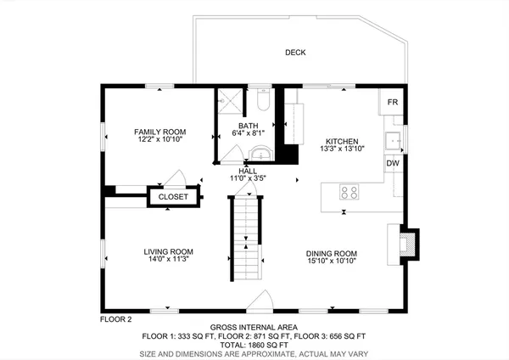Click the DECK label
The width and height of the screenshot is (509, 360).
[x=295, y=53]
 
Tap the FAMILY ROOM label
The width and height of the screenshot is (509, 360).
[x=159, y=132]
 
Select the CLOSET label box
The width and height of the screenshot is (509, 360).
[x=173, y=196]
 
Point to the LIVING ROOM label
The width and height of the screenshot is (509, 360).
[x=168, y=252]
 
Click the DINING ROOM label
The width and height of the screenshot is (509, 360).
[x=332, y=254]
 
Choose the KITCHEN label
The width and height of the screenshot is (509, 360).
[x=342, y=141]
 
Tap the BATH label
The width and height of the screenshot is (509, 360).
[x=248, y=127]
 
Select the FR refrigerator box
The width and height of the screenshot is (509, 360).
[x=392, y=103]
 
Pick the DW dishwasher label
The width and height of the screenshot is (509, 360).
[x=393, y=163]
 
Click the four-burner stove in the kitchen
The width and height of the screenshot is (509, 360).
[x=349, y=191]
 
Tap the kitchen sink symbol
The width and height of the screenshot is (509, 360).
[x=394, y=139]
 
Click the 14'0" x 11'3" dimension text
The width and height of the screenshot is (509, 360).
[x=168, y=261]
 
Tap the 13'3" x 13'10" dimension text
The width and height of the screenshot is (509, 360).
[x=342, y=149]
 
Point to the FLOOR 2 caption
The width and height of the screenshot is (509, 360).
[x=116, y=319]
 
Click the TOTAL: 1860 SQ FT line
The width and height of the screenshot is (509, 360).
[x=255, y=345]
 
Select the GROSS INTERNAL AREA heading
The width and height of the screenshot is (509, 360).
[x=255, y=328]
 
